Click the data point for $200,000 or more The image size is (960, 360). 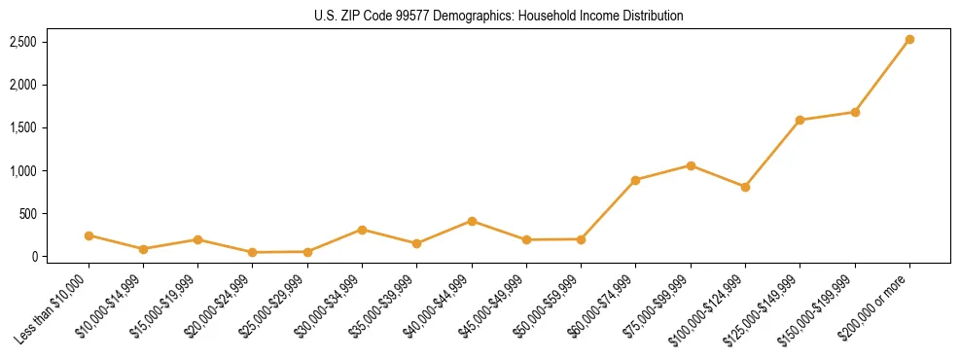(909, 40)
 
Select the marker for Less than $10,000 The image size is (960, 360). (89, 235)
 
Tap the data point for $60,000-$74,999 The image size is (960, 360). (635, 180)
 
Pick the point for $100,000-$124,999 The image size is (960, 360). (745, 187)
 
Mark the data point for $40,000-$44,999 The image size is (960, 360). (472, 221)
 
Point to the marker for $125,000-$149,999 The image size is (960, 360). (800, 121)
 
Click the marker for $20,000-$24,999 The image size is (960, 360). (253, 252)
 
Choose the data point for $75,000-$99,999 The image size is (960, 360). (691, 165)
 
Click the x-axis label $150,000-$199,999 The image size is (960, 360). (819, 307)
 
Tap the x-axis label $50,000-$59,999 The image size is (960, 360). (545, 307)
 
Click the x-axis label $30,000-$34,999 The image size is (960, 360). (326, 307)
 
